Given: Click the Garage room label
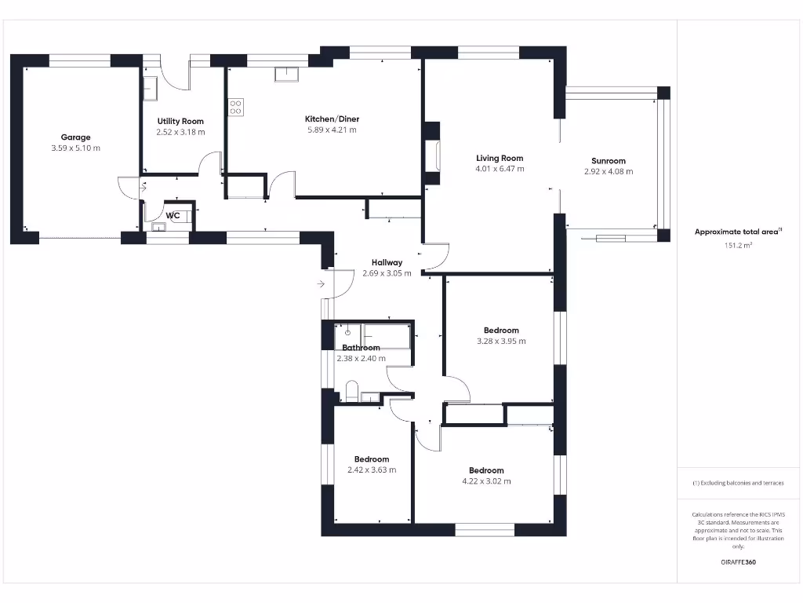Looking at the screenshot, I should pos(76,137).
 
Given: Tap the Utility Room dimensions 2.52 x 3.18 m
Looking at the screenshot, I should pos(180,132).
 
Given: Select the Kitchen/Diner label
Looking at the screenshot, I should pos(332,119).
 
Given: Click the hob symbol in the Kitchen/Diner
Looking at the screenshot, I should pos(236,107).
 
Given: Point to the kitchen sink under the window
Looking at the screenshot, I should pos(285,75).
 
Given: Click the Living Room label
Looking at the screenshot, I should pos(500,158).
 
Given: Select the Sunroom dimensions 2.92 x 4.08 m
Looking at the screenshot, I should pos(609,171).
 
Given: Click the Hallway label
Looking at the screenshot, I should pos(387,263).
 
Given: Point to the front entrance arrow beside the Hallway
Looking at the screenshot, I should pos(322,283).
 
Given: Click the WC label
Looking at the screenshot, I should pos(173,215).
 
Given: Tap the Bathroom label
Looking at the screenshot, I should pos(361,348).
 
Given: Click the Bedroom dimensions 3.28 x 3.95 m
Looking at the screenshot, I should pos(501,342).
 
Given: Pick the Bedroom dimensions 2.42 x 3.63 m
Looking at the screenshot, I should pos(372,470).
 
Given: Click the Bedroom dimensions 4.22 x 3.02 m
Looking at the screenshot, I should pos(486,481).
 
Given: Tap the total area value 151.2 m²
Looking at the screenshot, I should pos(737,246).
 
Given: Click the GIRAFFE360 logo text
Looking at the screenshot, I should pos(737,562).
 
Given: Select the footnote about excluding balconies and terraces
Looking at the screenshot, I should pos(737,483).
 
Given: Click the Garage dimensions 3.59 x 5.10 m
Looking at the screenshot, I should pos(76,148).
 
